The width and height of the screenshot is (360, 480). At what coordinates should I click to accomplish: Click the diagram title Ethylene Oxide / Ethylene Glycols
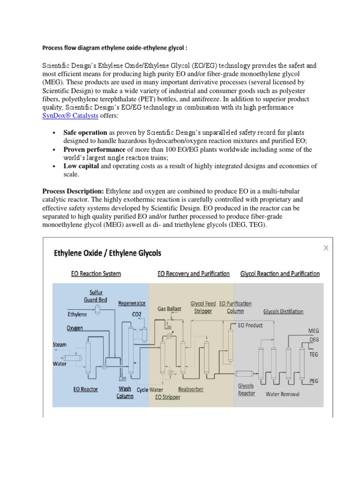coord(108,253)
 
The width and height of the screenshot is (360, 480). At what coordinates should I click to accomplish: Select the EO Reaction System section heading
coord(96,273)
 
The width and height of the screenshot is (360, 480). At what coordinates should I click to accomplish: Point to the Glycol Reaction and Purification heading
coord(280,273)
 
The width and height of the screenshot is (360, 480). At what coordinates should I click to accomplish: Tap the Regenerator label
coord(132,303)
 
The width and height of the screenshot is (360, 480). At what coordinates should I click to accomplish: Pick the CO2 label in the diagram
coord(136,315)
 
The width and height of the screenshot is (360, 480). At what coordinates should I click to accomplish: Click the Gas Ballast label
coord(169,309)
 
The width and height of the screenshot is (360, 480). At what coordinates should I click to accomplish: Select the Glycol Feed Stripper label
coord(203,307)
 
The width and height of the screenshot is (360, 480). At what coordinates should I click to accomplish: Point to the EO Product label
coord(250,325)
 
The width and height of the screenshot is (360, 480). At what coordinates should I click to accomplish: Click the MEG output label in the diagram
coord(313,330)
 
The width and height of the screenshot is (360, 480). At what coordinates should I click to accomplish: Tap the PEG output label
coord(313,381)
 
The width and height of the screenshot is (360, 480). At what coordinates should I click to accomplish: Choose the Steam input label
coord(60,345)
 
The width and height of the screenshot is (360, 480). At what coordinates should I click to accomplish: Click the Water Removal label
coord(282,394)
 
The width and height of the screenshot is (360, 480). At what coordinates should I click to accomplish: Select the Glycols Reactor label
coord(246,390)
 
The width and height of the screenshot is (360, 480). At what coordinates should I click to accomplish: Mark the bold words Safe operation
coord(85,133)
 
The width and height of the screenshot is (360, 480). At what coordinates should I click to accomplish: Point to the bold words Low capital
coord(81,166)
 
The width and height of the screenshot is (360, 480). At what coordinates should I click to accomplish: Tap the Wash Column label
coord(125,392)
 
